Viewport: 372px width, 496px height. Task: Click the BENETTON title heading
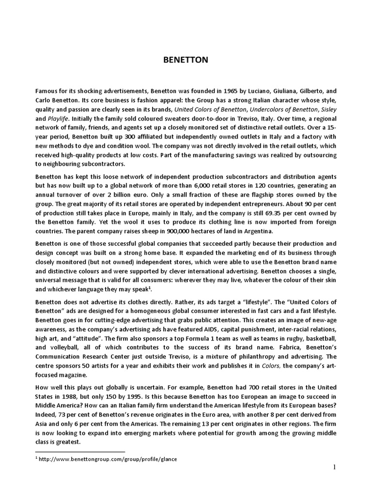[x=186, y=60]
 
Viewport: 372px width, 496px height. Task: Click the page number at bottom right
[x=334, y=467]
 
